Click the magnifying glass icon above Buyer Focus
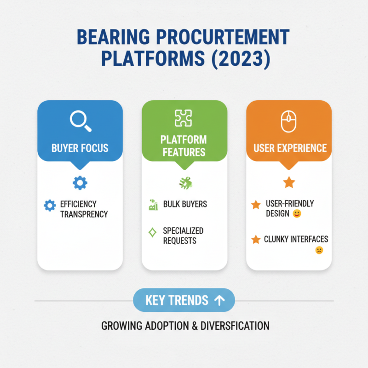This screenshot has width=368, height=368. tap(80, 121)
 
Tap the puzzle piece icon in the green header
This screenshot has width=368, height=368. tap(184, 118)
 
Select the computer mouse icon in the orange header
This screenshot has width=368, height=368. tap(288, 122)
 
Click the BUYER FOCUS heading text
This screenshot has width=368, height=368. tap(80, 148)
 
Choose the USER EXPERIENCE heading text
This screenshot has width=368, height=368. tap(290, 148)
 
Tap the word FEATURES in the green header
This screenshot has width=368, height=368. tap(184, 152)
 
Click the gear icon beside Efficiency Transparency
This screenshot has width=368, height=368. tap(49, 205)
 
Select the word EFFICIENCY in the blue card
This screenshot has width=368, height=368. tap(78, 204)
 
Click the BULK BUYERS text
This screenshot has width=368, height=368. tap(185, 204)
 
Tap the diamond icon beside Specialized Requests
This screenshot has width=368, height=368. tap(153, 232)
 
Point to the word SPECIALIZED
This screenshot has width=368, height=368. tap(183, 231)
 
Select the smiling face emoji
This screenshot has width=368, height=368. tap(297, 214)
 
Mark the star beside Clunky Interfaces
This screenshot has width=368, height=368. tap(256, 240)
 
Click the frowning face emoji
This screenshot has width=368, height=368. tap(319, 250)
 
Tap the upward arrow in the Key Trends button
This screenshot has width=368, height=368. tap(219, 300)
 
